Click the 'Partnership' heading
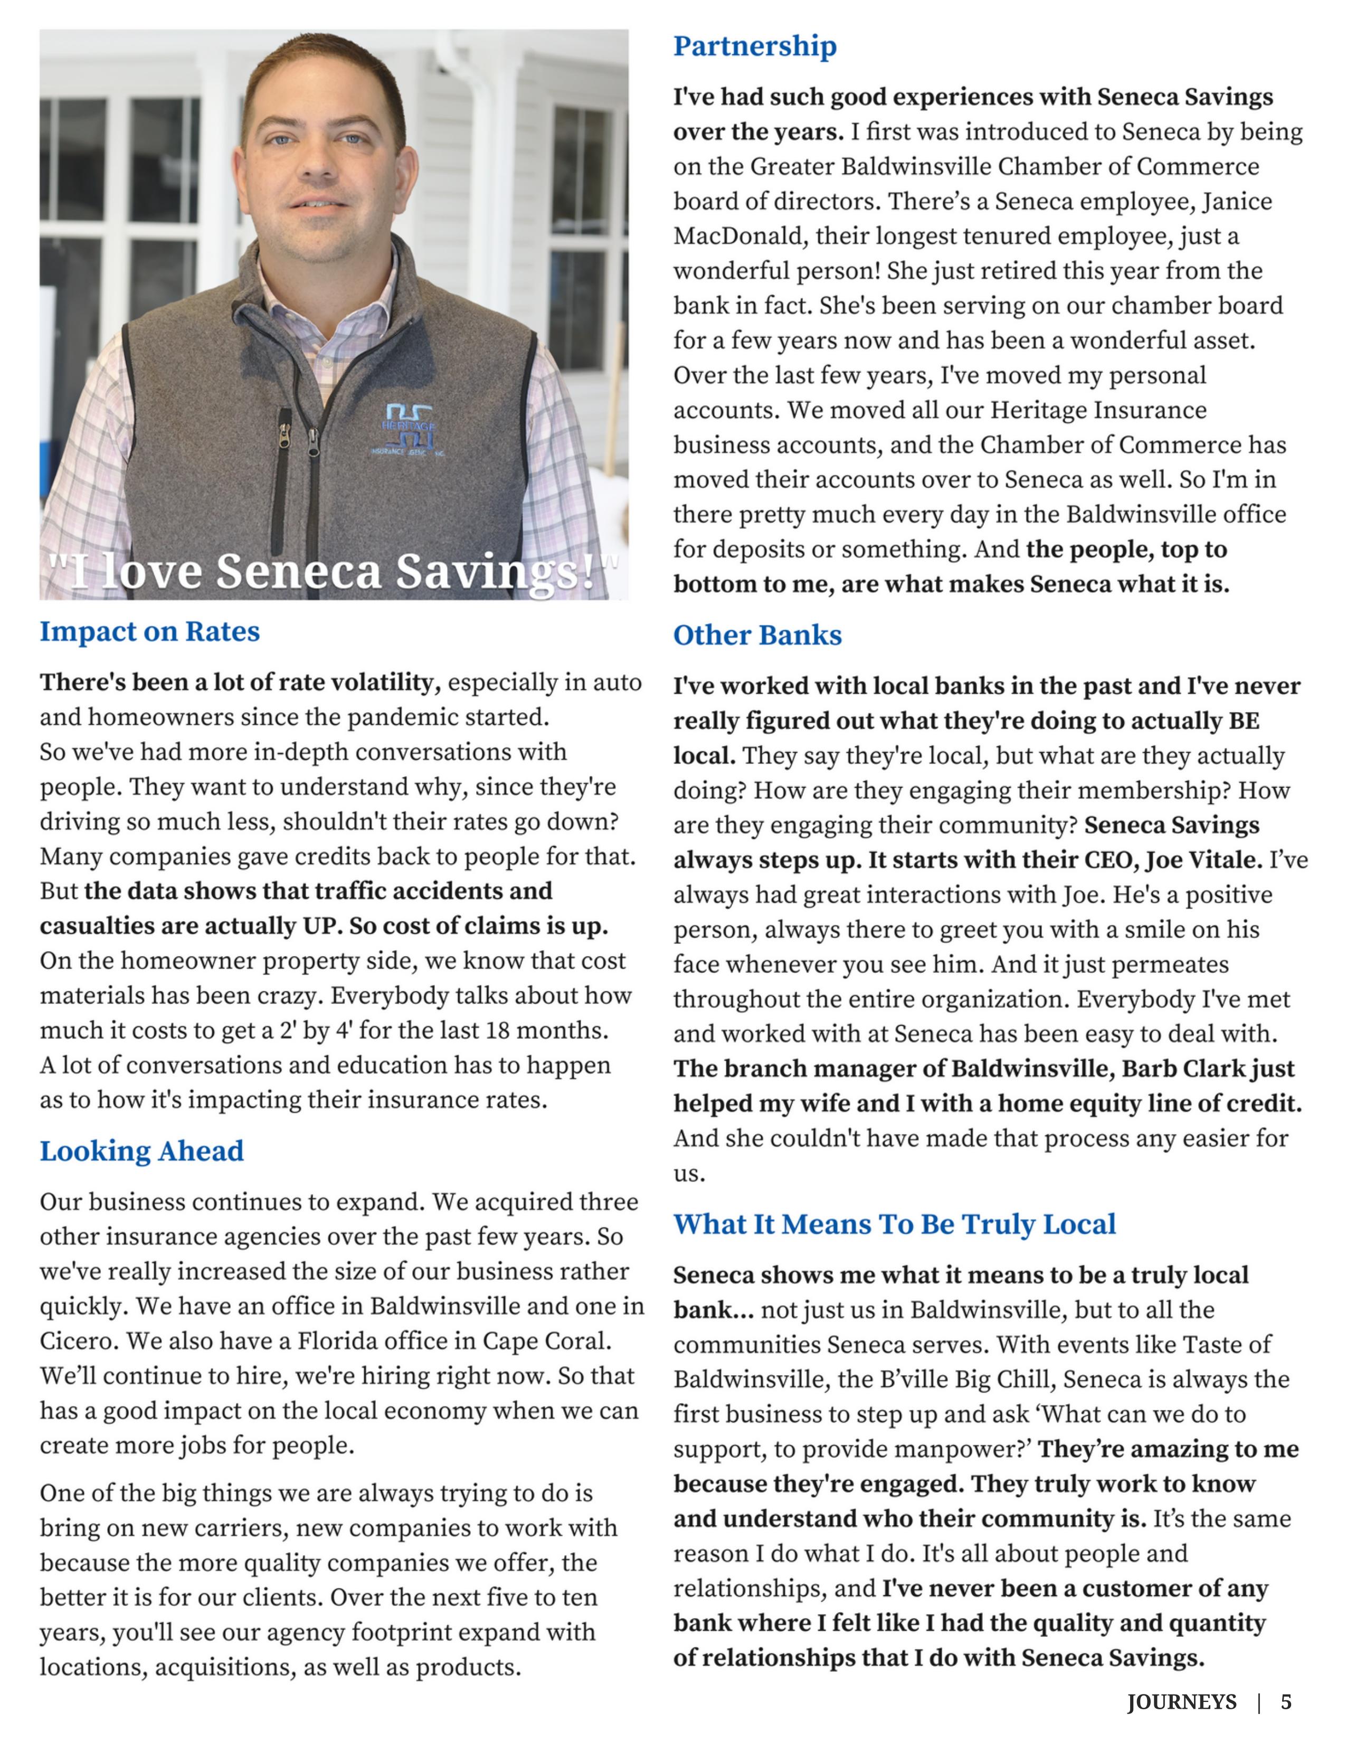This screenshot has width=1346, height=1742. tap(754, 46)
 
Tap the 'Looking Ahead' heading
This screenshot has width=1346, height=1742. tap(142, 1151)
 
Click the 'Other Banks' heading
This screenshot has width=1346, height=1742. tap(757, 635)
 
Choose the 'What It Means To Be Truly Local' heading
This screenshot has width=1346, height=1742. tap(894, 1224)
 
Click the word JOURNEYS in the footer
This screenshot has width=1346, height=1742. tap(1182, 1702)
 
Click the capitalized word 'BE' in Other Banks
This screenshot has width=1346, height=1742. tap(1244, 721)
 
